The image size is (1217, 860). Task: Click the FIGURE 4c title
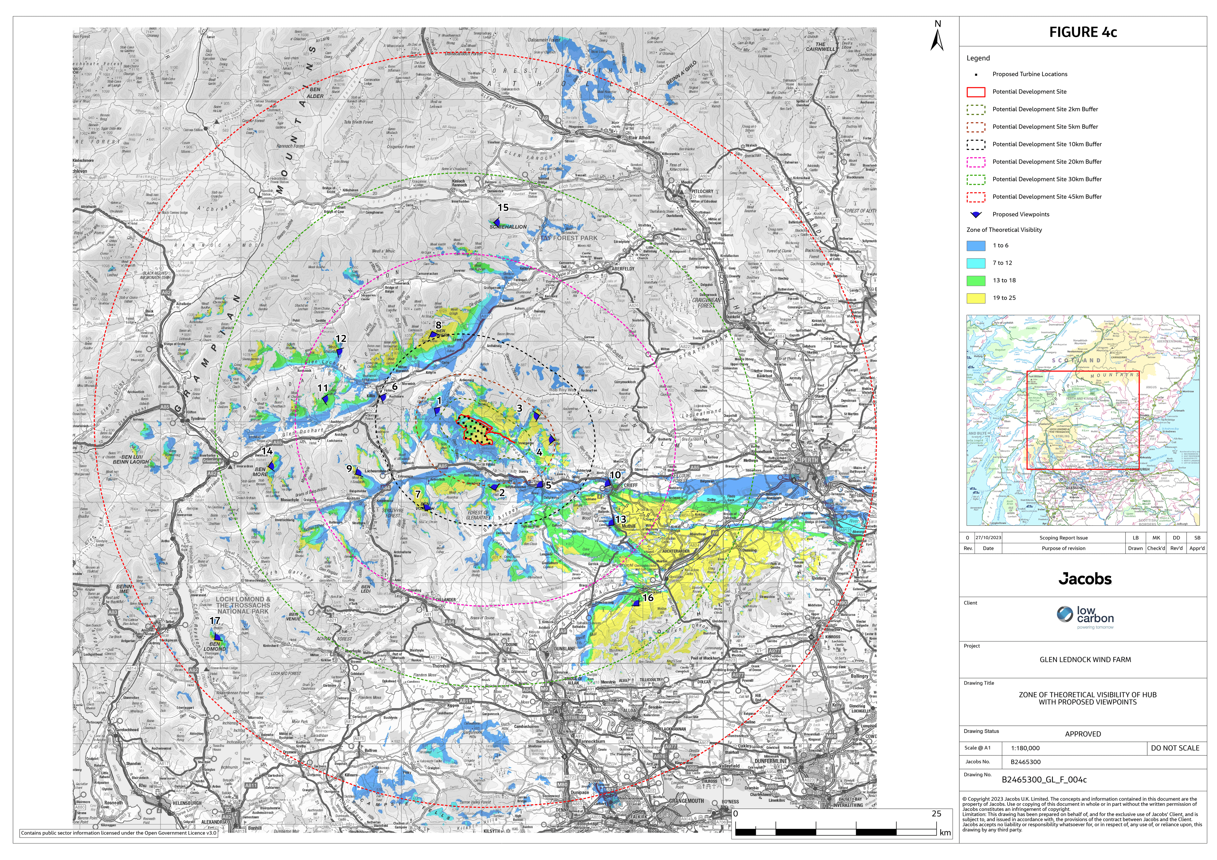pyautogui.click(x=1083, y=32)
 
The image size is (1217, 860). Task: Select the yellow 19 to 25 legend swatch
pyautogui.click(x=976, y=298)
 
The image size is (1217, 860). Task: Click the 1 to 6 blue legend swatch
pyautogui.click(x=976, y=245)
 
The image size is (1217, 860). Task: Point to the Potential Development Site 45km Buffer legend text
pyautogui.click(x=1047, y=197)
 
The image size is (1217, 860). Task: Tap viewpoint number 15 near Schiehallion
pyautogui.click(x=503, y=208)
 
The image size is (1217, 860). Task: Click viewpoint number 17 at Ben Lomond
pyautogui.click(x=215, y=620)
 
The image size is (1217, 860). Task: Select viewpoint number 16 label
pyautogui.click(x=648, y=597)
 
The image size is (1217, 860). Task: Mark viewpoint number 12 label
pyautogui.click(x=341, y=338)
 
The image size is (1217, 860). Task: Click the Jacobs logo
pyautogui.click(x=1085, y=578)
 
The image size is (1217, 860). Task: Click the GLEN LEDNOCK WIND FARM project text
pyautogui.click(x=1085, y=660)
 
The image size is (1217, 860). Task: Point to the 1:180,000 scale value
pyautogui.click(x=1025, y=748)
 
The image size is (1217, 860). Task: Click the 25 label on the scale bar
pyautogui.click(x=936, y=813)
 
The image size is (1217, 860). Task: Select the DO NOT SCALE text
pyautogui.click(x=1175, y=748)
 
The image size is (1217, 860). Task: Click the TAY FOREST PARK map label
pyautogui.click(x=569, y=238)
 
